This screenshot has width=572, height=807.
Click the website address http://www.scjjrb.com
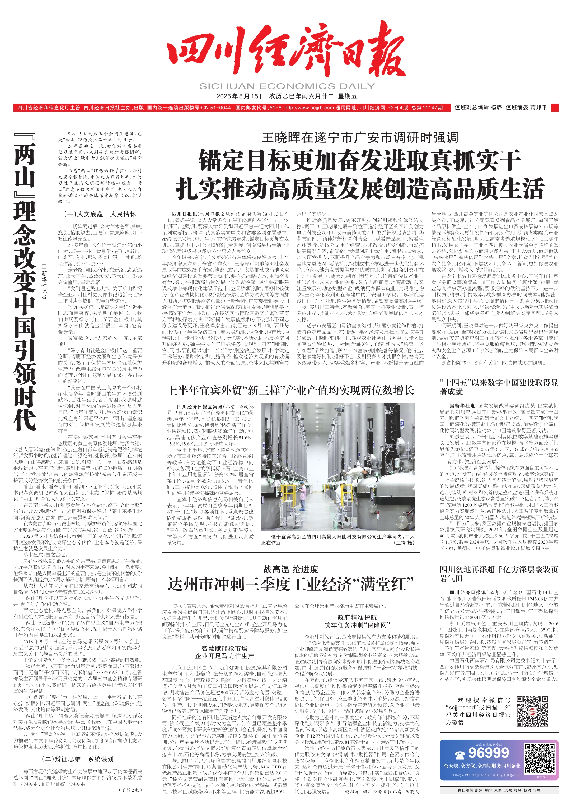click(x=309, y=108)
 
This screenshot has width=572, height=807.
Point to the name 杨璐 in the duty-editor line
click(x=496, y=108)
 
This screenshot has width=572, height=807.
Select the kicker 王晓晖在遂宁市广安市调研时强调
click(x=360, y=137)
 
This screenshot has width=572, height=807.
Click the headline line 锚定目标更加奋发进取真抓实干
click(x=360, y=160)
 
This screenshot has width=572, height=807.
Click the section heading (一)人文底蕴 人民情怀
click(x=100, y=214)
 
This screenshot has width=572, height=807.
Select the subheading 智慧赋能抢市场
click(x=224, y=648)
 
